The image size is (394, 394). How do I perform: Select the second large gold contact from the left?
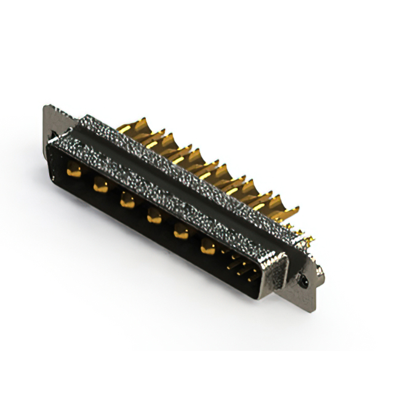[x=100, y=184]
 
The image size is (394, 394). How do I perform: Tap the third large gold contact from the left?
[x=127, y=199]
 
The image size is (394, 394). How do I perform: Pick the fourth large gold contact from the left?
[x=154, y=215]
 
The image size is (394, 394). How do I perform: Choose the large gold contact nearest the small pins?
[x=208, y=247]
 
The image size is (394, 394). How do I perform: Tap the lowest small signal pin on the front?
[x=249, y=278]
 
